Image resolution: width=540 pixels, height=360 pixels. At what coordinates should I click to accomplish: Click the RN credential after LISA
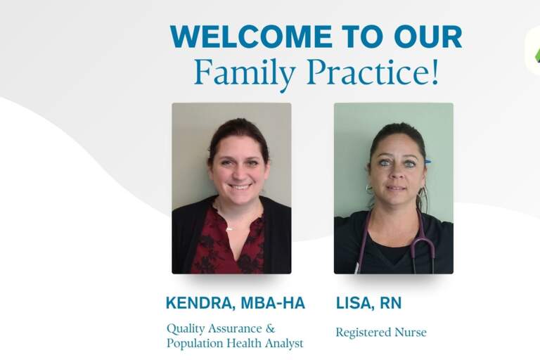tap(392, 303)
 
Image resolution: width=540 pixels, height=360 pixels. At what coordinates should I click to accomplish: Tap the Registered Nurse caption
tap(380, 332)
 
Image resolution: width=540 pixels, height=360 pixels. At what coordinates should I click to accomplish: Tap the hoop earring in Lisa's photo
tap(369, 190)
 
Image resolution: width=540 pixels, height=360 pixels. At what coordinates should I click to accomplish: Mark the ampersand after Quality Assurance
tap(271, 328)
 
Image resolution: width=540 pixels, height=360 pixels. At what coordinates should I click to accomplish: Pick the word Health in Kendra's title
tap(241, 343)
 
